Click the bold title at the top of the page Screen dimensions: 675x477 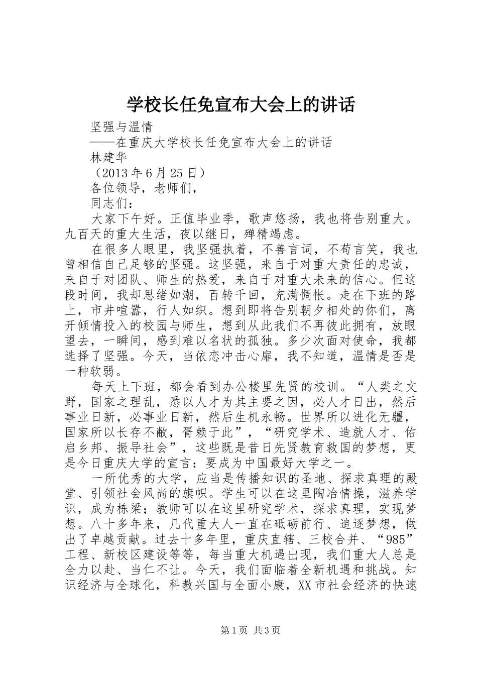pos(241,104)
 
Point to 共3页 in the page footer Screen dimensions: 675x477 pos(267,631)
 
